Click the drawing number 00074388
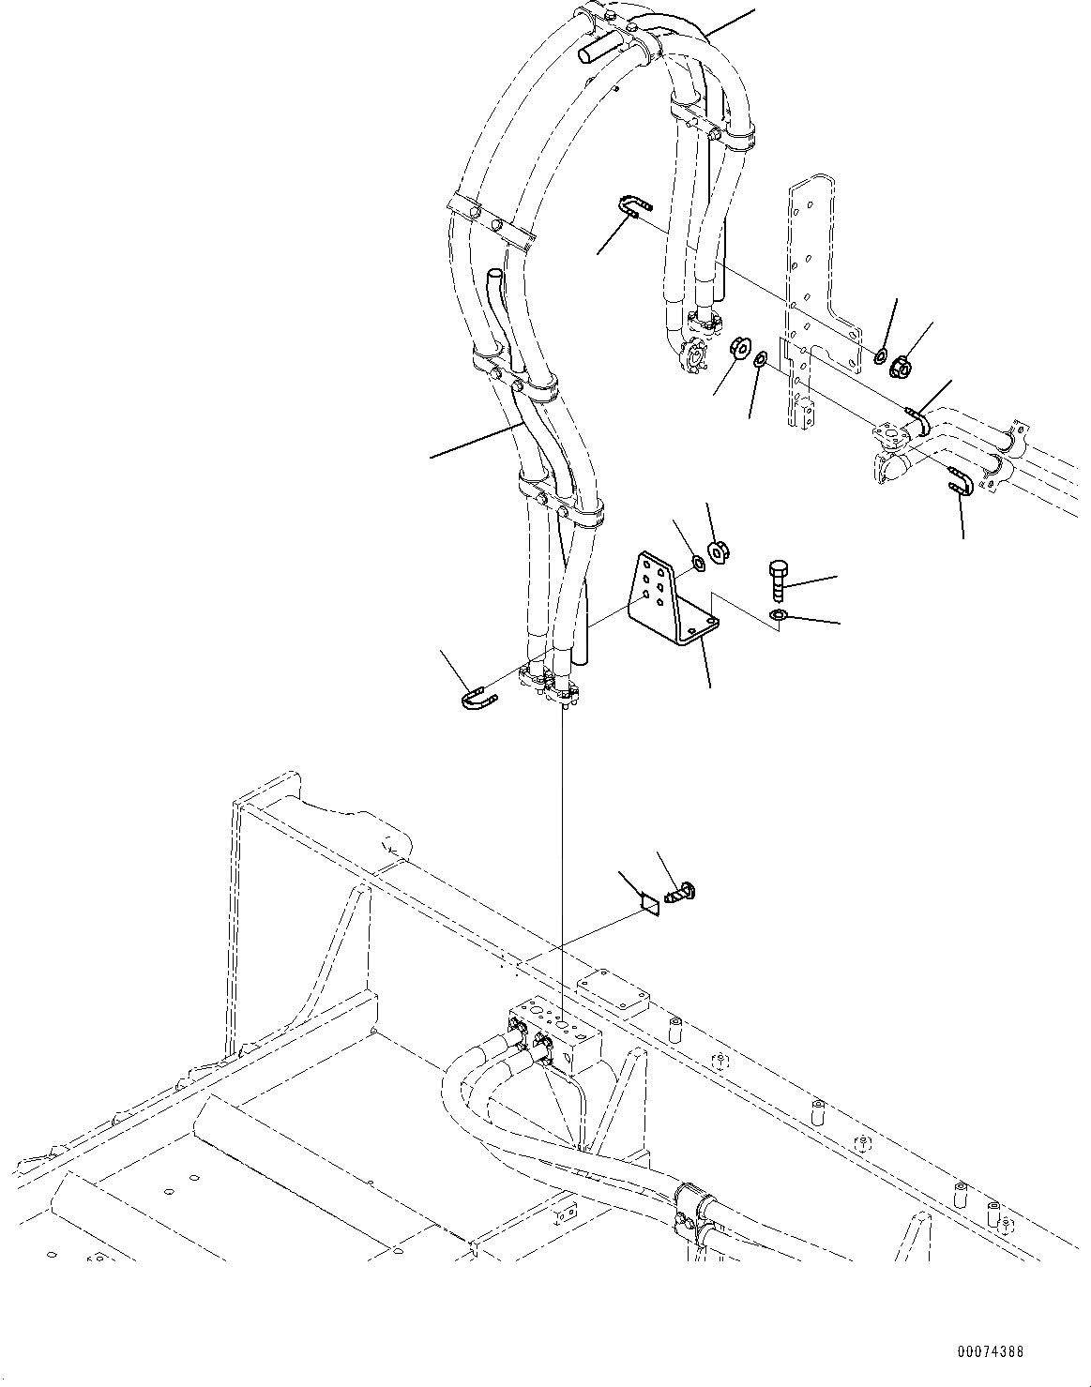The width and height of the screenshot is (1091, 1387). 990,1352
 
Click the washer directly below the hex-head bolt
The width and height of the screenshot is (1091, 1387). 778,615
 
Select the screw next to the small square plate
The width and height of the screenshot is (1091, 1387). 680,892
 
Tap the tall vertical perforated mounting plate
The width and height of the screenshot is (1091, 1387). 811,300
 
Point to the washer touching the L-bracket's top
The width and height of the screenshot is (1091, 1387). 699,564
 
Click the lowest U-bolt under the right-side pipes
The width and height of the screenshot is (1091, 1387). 956,480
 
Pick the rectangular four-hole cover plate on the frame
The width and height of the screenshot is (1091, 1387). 613,988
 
